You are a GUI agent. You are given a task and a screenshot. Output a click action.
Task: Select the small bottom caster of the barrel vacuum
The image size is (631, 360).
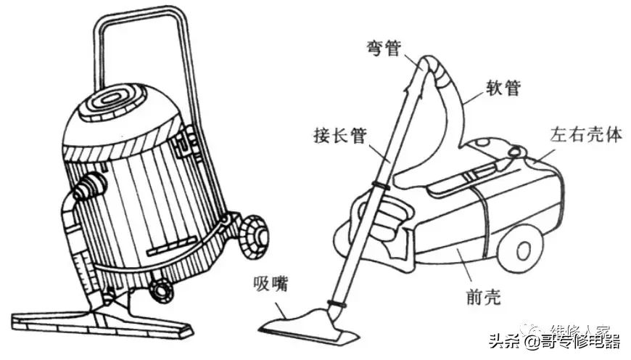pos(160,290)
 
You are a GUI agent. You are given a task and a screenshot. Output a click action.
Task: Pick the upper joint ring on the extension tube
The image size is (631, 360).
pos(380,186)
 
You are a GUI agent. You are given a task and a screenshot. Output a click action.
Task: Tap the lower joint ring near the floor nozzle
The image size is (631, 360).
pos(336,302)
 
